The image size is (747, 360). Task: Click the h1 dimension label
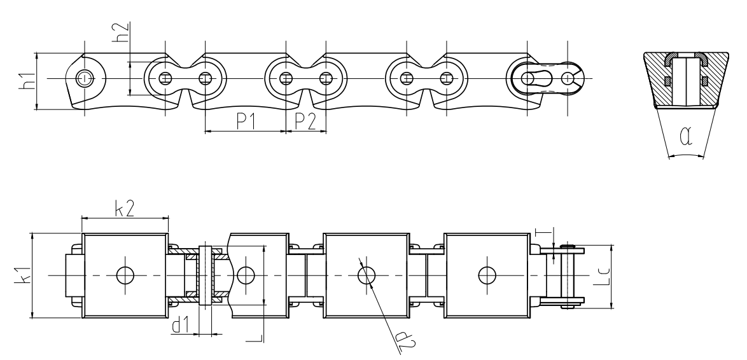tap(26, 81)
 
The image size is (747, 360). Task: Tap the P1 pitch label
tap(245, 121)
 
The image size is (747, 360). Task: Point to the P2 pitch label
tap(306, 121)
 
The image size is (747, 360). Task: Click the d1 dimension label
tap(181, 326)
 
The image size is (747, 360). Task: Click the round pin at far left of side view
tap(83, 78)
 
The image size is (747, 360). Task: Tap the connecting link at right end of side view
tap(547, 78)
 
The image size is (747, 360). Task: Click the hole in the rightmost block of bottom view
tap(487, 275)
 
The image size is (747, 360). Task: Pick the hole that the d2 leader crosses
tap(366, 275)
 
